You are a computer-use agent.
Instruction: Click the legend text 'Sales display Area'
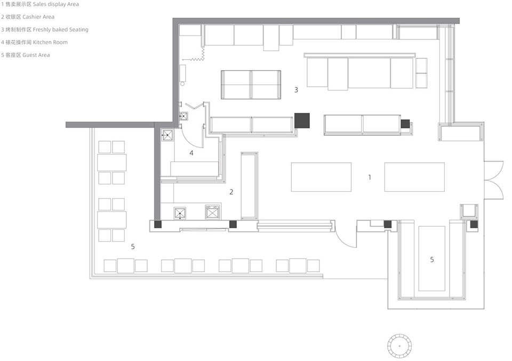click(x=55, y=4)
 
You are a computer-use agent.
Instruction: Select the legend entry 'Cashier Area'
click(x=38, y=17)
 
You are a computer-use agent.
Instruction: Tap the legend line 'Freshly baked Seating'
click(x=60, y=29)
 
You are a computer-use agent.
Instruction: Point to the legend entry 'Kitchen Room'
click(x=50, y=42)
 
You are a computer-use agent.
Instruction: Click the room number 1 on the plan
click(x=370, y=177)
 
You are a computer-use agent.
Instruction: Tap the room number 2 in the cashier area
click(x=231, y=192)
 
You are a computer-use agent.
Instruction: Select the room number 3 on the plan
click(x=296, y=89)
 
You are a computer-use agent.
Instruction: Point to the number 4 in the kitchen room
click(x=191, y=153)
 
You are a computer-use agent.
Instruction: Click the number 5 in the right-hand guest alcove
click(x=432, y=260)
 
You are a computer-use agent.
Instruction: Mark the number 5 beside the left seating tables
click(x=133, y=247)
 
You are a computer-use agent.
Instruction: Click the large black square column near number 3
click(x=302, y=121)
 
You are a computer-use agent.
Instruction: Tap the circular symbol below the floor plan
click(x=399, y=346)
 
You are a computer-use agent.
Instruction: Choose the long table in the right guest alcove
click(x=431, y=258)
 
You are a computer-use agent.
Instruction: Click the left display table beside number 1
click(x=321, y=177)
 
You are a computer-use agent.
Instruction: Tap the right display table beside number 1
click(x=414, y=177)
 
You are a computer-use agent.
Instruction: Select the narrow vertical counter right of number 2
click(x=250, y=186)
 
